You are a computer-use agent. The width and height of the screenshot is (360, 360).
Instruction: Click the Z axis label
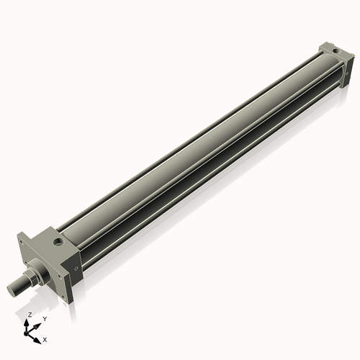[x=30, y=315]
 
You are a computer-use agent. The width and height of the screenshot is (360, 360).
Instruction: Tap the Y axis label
[x=45, y=318]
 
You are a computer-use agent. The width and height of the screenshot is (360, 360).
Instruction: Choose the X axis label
[x=45, y=338]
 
